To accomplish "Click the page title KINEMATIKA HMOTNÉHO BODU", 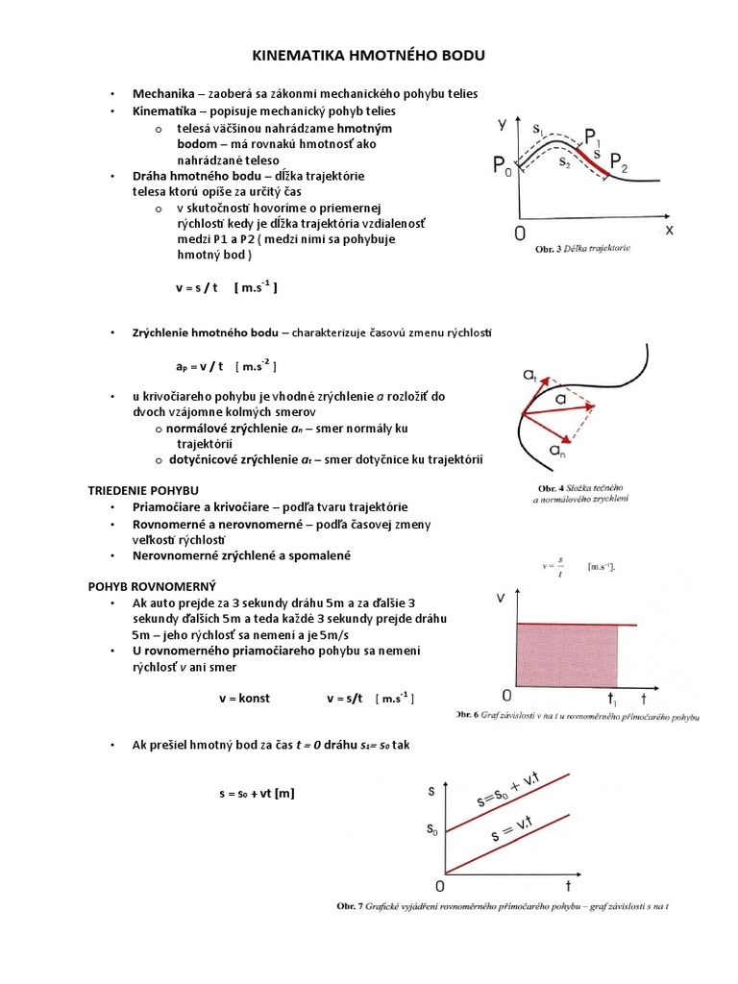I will click(x=369, y=57).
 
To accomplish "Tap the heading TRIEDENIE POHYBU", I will click(x=143, y=490).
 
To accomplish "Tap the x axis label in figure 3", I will click(x=669, y=231).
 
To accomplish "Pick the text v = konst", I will click(x=246, y=698).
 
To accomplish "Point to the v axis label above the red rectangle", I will click(x=501, y=597).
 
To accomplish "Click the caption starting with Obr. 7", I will click(x=501, y=906).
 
